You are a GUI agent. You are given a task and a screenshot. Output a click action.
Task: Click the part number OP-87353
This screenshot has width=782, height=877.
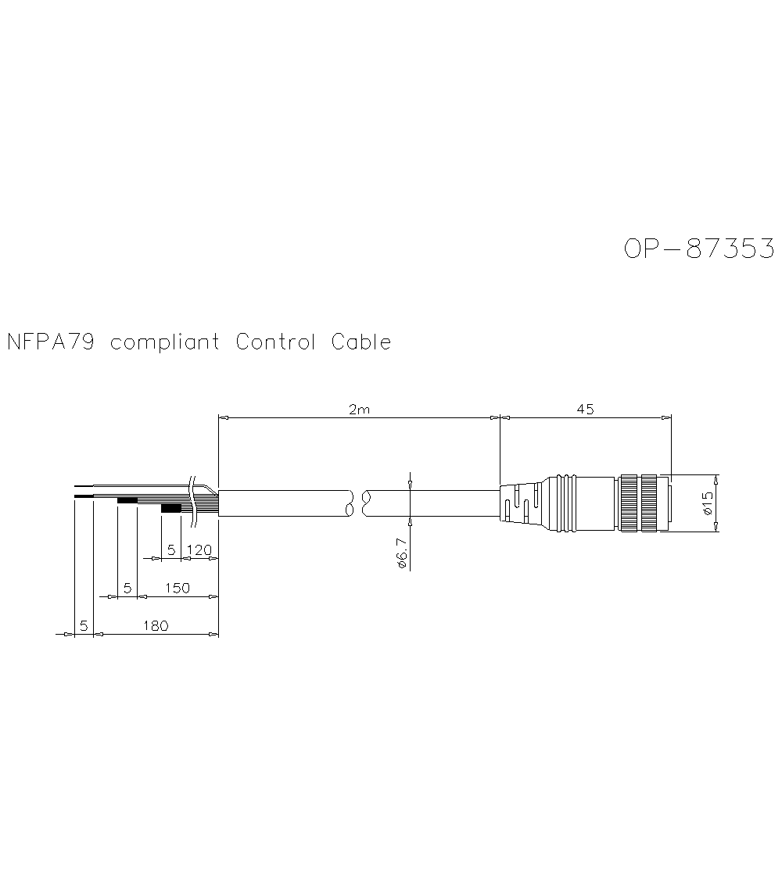coord(699,248)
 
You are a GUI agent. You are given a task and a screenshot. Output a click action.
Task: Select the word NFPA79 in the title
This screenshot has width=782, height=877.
coord(51,342)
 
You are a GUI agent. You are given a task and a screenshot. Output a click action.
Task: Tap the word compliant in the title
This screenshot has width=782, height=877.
coord(164,343)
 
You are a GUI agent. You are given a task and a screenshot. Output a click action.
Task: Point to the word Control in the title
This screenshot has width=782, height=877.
coord(275,342)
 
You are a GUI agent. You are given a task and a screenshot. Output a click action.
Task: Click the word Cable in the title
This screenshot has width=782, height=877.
coord(361,342)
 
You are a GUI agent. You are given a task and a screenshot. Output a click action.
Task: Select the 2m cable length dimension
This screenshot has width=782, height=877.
coord(359,410)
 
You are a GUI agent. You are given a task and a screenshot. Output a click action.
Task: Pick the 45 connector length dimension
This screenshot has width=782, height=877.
coord(585,409)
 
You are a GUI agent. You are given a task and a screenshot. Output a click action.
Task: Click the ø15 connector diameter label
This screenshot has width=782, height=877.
coord(708,504)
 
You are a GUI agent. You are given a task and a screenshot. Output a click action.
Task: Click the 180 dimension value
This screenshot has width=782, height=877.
coord(156,625)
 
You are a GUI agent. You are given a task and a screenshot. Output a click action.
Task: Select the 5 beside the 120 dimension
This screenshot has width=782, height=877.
coord(171,550)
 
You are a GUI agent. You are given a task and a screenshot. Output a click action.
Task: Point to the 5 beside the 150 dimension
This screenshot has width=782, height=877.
coord(127,588)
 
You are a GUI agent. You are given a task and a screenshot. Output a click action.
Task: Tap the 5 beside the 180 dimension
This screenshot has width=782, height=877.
coord(83,625)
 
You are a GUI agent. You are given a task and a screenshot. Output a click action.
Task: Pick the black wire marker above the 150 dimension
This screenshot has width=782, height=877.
coord(127,500)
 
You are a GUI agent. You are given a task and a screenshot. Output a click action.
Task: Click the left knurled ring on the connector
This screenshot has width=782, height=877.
coord(629,504)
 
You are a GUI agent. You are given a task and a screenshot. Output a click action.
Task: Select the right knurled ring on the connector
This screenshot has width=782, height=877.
coord(650,504)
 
